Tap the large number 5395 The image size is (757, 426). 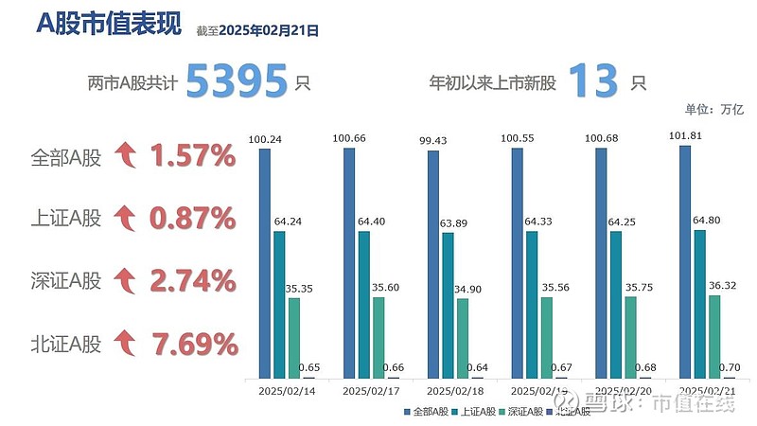point(236,81)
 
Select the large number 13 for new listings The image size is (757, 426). point(593,81)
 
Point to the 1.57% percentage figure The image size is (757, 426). point(192,155)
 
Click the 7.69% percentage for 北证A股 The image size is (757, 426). point(192,342)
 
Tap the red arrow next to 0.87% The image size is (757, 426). point(124,219)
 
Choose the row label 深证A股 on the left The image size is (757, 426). point(65,281)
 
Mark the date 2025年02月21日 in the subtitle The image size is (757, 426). point(269,30)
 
